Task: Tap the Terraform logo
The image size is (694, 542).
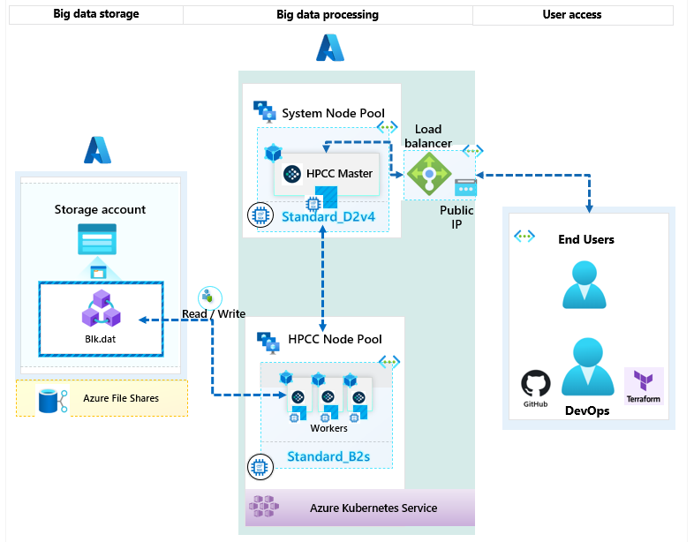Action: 643,383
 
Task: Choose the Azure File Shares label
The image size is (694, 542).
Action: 121,398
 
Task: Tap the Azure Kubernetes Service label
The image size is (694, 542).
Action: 373,508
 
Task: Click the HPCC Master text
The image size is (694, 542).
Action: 340,173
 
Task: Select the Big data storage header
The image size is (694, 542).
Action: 95,14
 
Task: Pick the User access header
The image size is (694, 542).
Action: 571,14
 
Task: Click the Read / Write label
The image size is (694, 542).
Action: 213,313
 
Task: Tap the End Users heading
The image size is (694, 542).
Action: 586,239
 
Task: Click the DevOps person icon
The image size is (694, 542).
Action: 587,365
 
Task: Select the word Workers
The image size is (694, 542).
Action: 328,428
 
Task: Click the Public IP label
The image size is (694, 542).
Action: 456,217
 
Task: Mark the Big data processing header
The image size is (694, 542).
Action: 328,14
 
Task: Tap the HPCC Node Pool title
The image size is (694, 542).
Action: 335,339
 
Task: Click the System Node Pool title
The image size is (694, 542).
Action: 333,113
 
